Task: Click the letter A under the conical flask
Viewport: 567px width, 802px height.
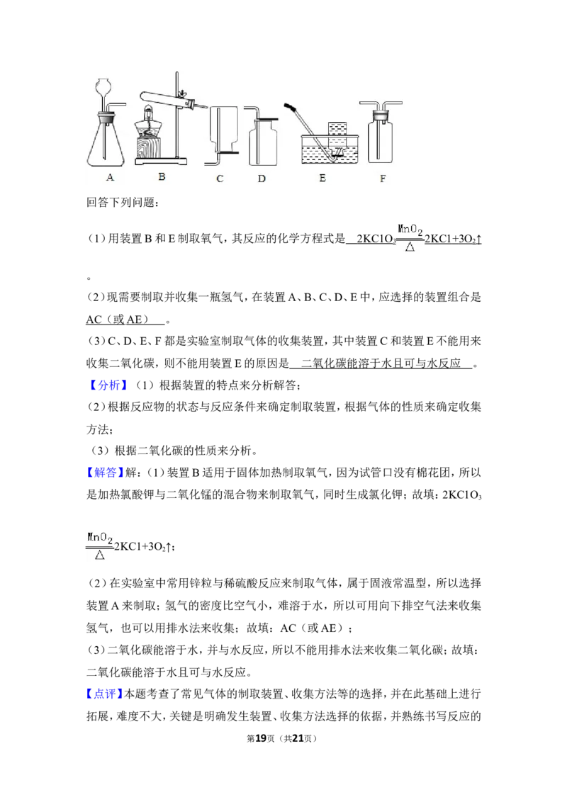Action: pos(110,178)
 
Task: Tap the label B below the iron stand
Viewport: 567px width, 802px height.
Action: pos(162,177)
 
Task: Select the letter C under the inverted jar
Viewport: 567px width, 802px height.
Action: pos(220,179)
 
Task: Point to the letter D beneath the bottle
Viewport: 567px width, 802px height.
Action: pos(262,179)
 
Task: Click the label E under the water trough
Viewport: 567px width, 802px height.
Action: pos(322,179)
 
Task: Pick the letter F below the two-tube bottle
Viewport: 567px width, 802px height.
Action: pos(383,179)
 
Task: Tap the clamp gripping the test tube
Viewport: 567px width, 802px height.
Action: pos(184,95)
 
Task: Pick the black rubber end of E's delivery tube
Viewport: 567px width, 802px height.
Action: pos(290,106)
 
